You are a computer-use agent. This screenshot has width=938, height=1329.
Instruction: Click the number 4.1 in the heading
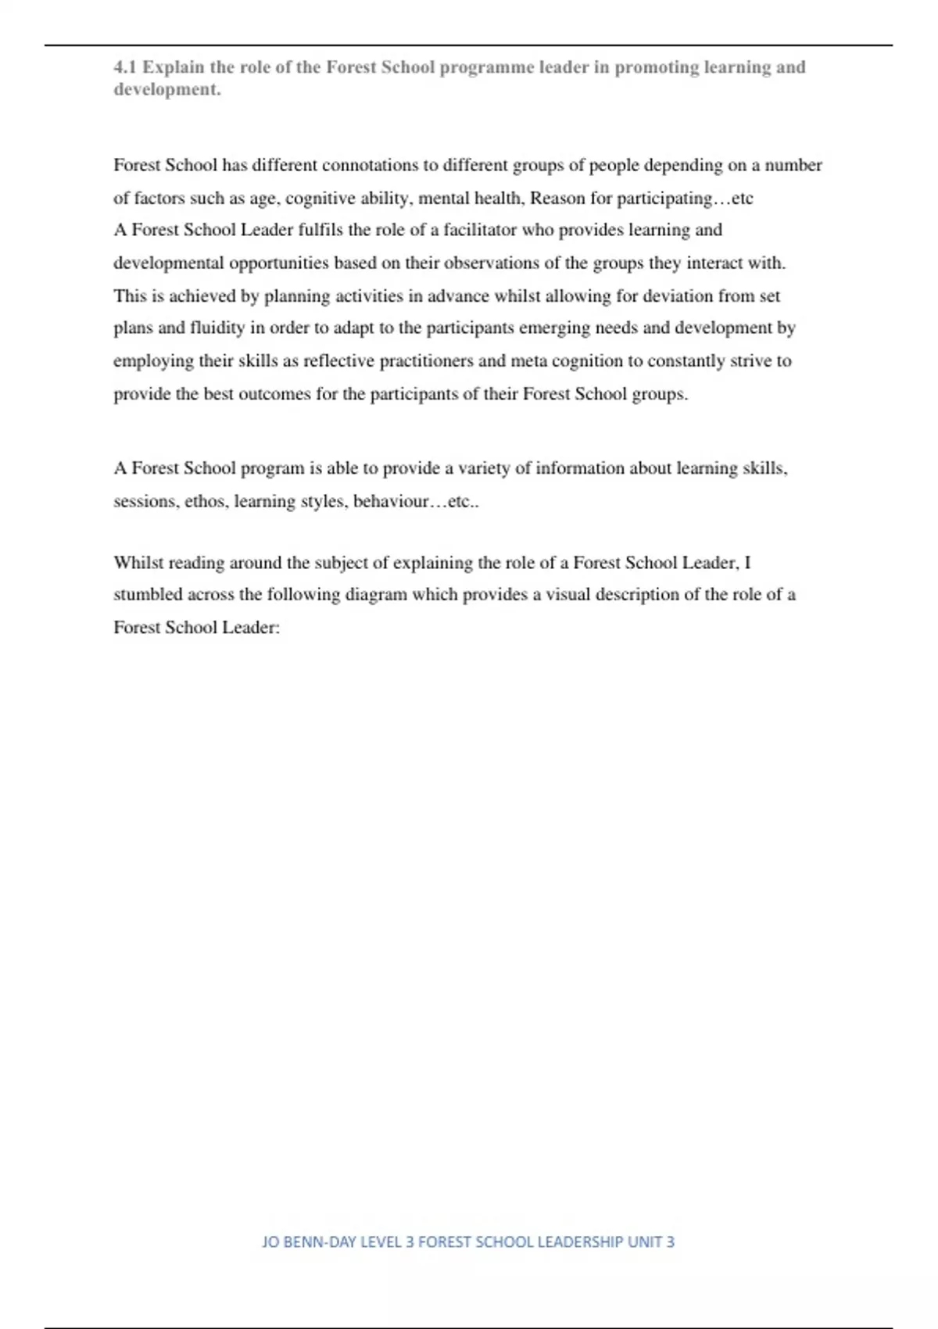(x=125, y=67)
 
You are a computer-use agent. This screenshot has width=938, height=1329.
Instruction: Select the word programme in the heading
(x=485, y=67)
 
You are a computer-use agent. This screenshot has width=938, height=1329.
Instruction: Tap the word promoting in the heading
(x=655, y=67)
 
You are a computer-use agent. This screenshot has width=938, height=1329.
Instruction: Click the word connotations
(x=371, y=165)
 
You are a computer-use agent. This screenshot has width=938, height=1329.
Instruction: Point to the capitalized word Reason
(x=557, y=198)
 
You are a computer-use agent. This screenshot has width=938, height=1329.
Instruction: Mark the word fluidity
(x=217, y=328)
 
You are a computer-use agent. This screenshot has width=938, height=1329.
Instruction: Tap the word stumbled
(x=148, y=594)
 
